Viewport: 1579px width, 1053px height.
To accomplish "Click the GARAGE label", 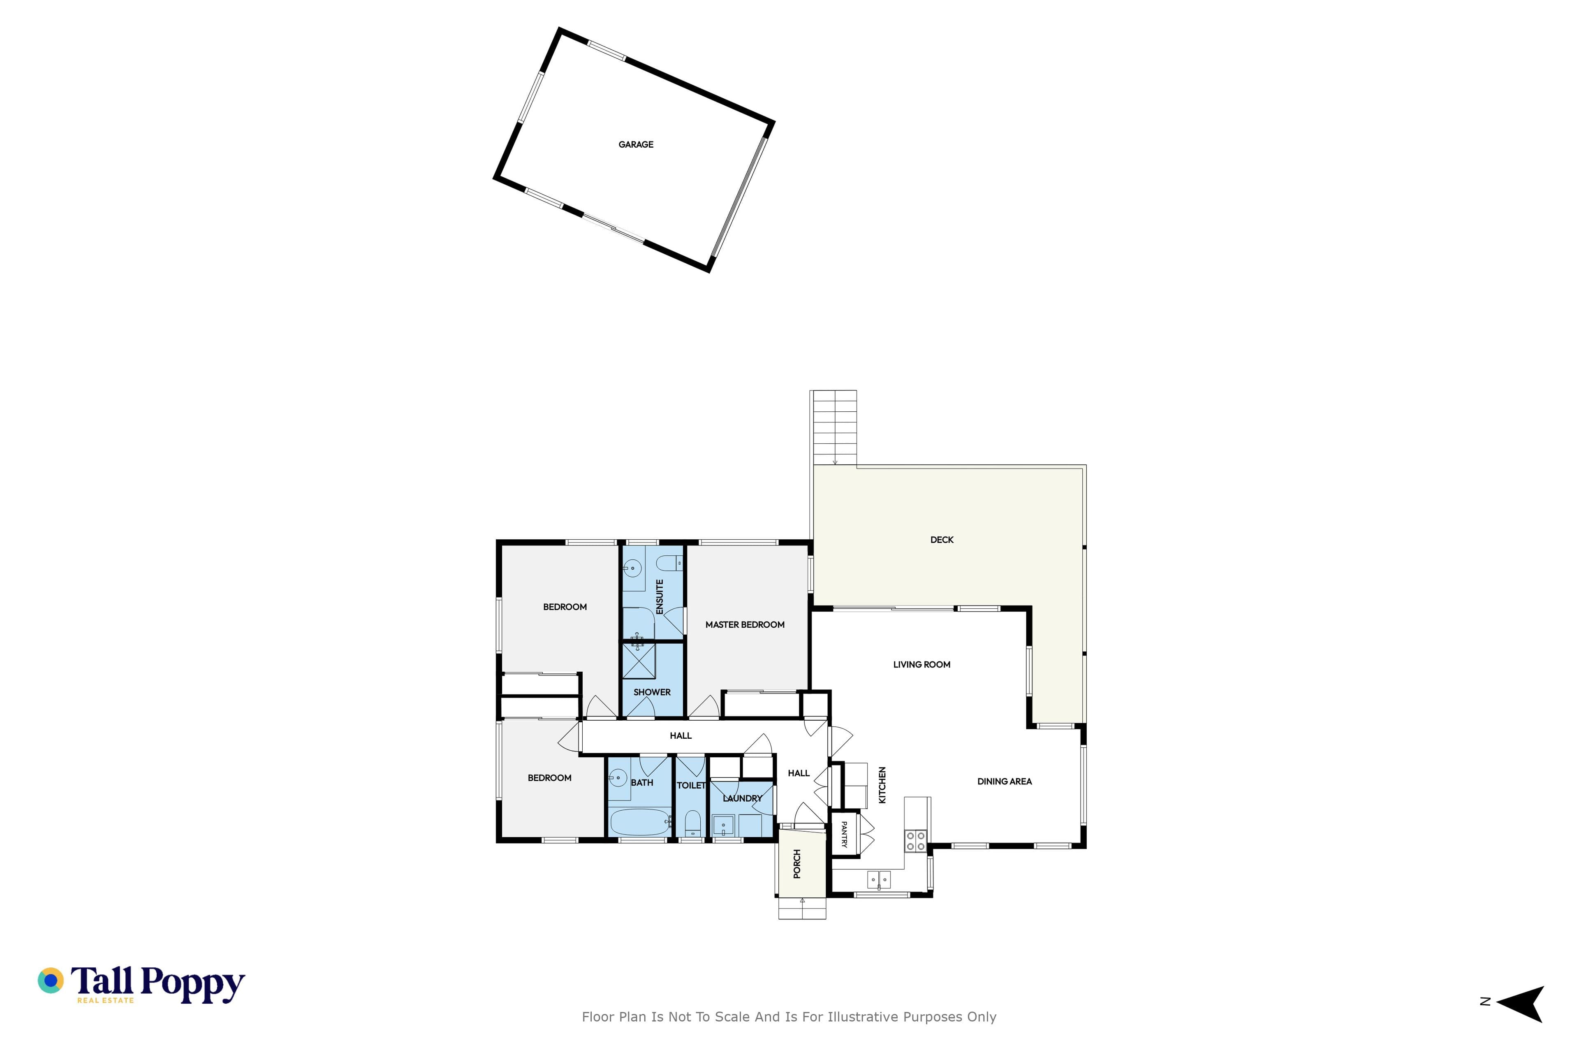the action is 636,144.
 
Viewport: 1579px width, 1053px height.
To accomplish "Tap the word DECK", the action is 942,540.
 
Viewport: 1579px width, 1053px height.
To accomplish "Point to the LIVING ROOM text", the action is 922,665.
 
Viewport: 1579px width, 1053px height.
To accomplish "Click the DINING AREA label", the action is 1004,782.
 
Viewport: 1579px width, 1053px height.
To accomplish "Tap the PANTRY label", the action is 845,835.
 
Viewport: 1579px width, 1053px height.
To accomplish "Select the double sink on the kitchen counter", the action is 879,879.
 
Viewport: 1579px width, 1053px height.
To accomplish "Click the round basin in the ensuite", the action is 632,568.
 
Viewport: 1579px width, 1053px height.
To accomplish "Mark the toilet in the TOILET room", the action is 692,823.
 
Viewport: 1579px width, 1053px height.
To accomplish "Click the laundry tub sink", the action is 723,825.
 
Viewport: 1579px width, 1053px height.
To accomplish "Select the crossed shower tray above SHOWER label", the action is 639,661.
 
